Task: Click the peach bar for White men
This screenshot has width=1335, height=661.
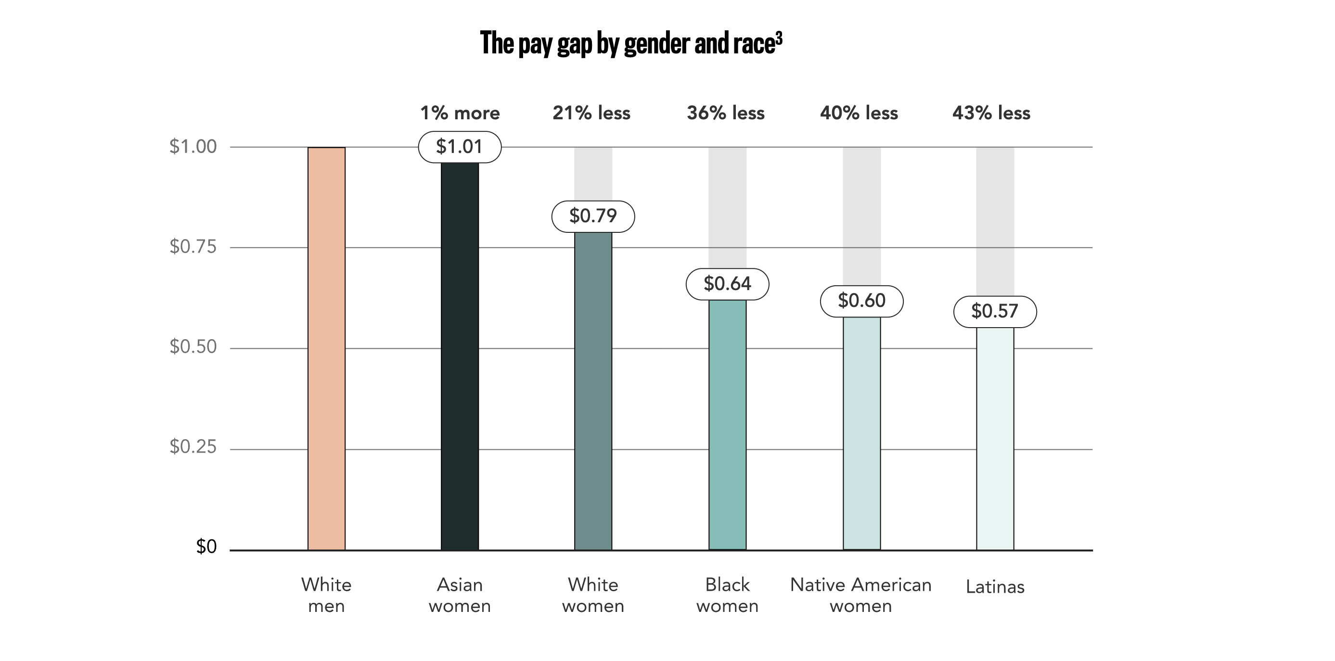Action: point(326,348)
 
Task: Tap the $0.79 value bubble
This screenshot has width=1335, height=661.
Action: point(593,216)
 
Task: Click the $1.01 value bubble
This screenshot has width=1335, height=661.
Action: point(460,147)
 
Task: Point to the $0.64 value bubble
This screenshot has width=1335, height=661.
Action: point(727,284)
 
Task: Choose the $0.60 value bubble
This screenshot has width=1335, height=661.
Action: point(861,301)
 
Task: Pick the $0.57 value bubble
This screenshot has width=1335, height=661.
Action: point(995,311)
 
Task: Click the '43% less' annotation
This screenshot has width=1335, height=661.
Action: point(991,113)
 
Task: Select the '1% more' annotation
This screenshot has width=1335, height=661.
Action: point(460,113)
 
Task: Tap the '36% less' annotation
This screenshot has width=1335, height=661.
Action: point(726,113)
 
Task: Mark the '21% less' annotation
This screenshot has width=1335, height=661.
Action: point(591,113)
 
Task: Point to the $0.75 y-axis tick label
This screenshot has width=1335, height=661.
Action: point(193,247)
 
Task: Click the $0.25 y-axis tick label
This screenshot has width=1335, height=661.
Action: point(193,446)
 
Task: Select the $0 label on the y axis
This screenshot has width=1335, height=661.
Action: point(206,547)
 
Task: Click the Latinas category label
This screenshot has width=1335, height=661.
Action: point(995,587)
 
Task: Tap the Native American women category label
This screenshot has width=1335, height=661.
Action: point(861,595)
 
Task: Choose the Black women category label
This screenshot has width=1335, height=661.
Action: point(727,595)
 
